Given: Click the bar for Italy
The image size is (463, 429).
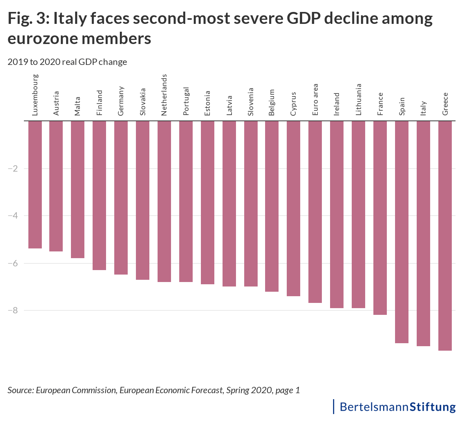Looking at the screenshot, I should click(x=423, y=234).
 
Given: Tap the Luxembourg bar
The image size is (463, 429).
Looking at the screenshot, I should click(x=35, y=185).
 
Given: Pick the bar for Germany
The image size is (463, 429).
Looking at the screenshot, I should click(x=121, y=198).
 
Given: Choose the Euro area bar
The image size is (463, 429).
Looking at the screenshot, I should click(x=315, y=212).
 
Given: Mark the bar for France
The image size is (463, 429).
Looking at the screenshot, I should click(x=380, y=218).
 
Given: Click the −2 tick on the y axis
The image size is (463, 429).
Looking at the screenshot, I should click(x=13, y=169).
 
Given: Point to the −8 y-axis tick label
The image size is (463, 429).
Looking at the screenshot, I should click(x=13, y=310).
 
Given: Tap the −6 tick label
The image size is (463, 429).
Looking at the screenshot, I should click(x=13, y=263).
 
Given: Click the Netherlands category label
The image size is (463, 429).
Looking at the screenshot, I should click(x=164, y=95).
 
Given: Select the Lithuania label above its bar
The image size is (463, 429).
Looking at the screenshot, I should click(x=358, y=100).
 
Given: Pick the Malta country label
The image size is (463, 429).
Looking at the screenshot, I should click(x=78, y=106).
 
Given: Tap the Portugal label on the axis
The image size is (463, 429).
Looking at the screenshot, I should click(x=186, y=101).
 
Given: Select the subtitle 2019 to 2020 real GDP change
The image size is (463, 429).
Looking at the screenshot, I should click(x=67, y=62).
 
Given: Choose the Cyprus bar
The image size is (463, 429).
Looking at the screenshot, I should click(x=293, y=209).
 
